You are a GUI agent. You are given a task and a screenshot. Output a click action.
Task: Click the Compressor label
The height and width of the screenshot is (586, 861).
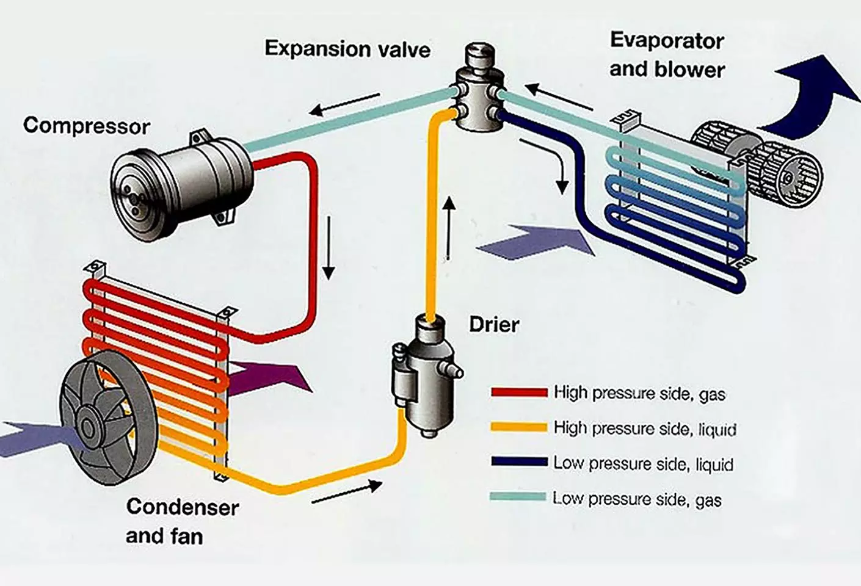pos(87,126)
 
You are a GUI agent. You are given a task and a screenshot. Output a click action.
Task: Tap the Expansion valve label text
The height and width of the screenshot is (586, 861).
pos(347,49)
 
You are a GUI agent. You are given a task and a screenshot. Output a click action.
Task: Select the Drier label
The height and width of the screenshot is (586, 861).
pos(494,325)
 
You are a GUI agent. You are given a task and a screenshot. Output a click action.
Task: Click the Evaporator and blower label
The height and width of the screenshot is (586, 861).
pos(667,55)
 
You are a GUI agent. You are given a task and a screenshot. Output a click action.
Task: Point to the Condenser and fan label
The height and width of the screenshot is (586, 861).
pos(182,521)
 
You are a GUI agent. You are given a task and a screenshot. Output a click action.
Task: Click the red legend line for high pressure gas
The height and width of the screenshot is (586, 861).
pos(519,392)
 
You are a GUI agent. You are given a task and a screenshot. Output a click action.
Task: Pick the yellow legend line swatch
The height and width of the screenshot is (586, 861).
pos(519,427)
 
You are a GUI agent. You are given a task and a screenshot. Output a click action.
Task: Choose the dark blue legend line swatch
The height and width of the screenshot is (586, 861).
pos(519,462)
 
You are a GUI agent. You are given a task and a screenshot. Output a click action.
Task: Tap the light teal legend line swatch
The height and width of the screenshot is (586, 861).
pos(518,497)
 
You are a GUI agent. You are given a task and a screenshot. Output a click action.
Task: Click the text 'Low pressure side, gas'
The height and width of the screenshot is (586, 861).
pos(638,499)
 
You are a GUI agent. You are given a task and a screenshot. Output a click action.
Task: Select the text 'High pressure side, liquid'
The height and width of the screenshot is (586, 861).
pos(645,429)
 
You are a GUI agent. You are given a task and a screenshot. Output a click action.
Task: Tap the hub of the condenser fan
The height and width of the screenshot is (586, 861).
pos(88,427)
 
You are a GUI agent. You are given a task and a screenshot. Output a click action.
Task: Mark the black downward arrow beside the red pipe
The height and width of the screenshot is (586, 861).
pos(329,248)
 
